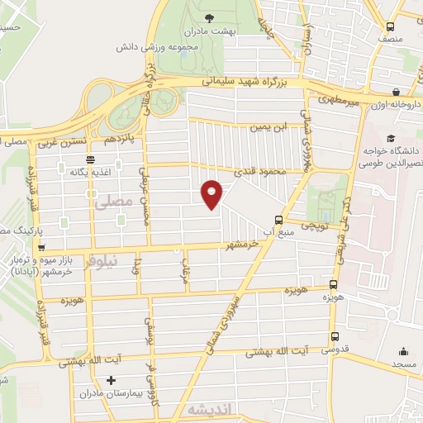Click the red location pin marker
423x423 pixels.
(212, 193)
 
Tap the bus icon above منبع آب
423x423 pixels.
(278, 220)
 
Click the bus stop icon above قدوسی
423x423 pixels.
(335, 336)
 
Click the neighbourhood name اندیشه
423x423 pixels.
(206, 410)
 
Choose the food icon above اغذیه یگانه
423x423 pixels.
(90, 159)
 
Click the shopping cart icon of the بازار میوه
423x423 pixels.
(40, 247)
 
